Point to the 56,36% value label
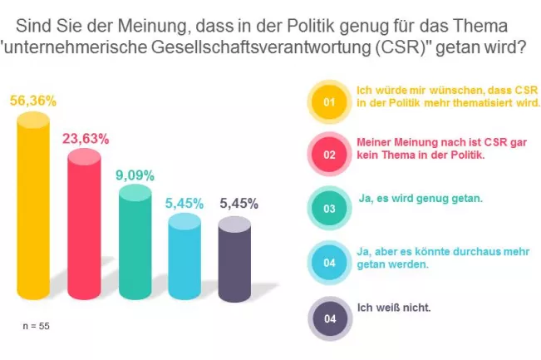(34, 101)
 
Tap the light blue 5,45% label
(184, 203)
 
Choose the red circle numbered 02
(328, 155)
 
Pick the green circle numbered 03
(328, 208)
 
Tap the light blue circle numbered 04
(328, 263)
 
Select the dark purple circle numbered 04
(328, 318)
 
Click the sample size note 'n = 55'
(36, 326)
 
